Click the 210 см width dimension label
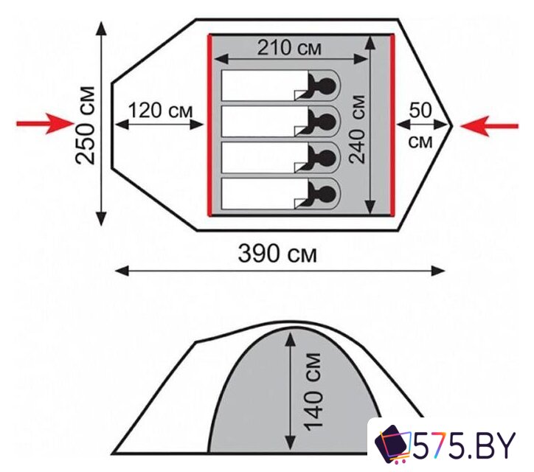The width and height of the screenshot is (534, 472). tap(289, 47)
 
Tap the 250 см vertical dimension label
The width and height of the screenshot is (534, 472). tap(85, 125)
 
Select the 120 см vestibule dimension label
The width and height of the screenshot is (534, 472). tap(160, 111)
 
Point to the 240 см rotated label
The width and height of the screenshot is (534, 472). tap(358, 129)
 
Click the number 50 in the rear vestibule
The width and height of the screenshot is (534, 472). tap(420, 111)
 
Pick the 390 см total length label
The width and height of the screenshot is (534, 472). tap(277, 254)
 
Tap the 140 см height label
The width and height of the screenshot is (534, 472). tap(313, 392)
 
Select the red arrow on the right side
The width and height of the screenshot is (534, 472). tap(490, 126)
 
